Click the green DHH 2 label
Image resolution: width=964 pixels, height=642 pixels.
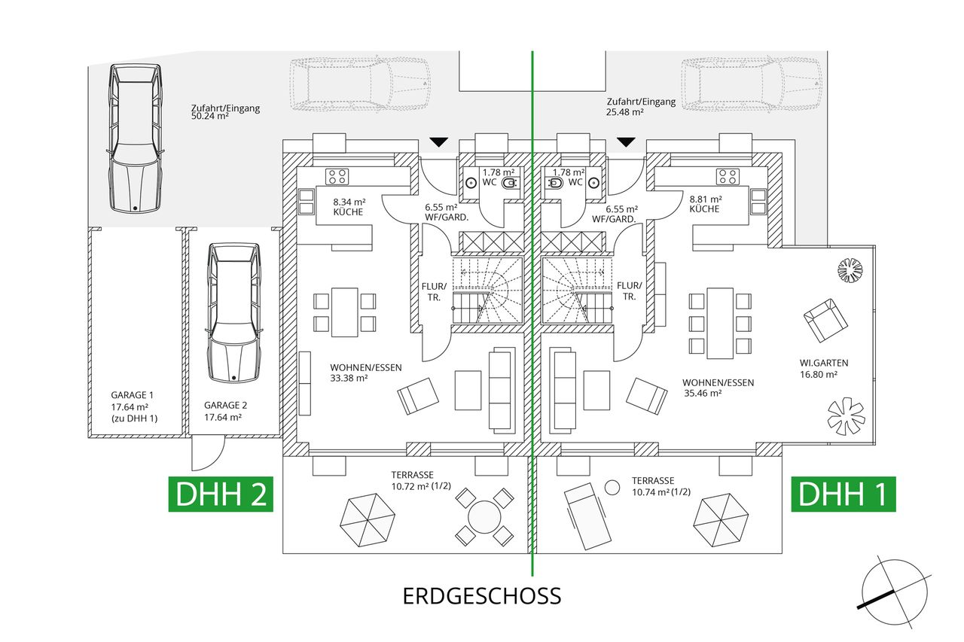click(x=220, y=494)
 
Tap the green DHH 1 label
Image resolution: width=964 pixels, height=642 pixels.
click(x=843, y=494)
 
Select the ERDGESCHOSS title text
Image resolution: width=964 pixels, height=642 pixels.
click(x=482, y=596)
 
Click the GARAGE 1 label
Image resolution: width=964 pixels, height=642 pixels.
click(x=133, y=394)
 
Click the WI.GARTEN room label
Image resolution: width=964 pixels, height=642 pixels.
click(x=819, y=363)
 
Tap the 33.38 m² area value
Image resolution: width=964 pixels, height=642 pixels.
click(x=349, y=379)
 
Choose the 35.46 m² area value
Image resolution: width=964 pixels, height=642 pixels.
click(x=702, y=393)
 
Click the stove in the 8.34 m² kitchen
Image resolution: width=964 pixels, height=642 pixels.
click(x=337, y=177)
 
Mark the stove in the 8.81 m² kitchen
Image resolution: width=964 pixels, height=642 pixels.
click(x=728, y=177)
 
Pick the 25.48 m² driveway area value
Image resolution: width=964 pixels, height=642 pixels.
click(x=625, y=112)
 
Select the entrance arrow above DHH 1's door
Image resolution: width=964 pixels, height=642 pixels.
click(x=625, y=142)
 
